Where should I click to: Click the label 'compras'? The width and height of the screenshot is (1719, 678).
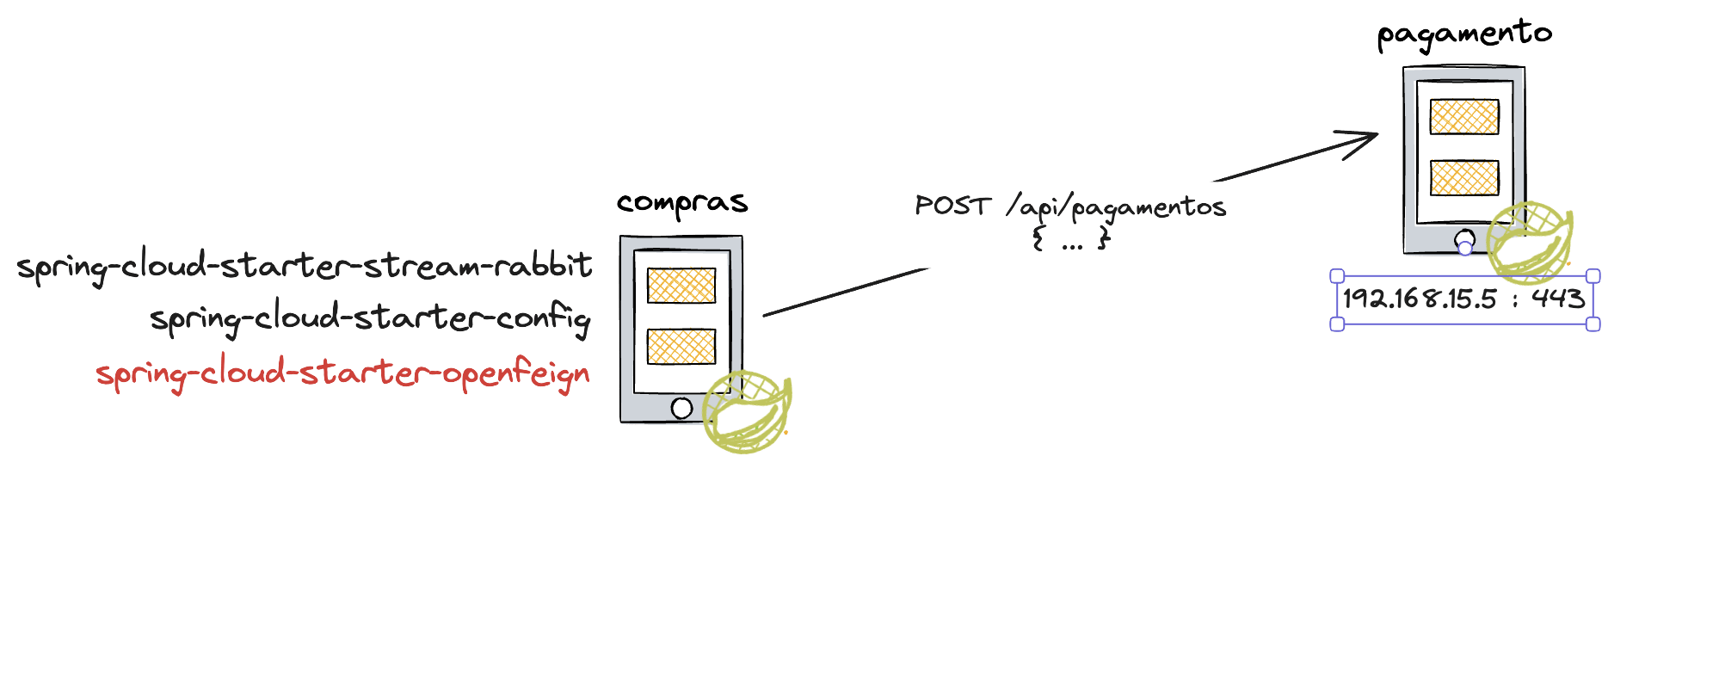(x=682, y=204)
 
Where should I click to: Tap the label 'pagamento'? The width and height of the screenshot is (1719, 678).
(x=1463, y=35)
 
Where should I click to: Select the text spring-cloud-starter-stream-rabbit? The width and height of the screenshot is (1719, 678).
(x=305, y=266)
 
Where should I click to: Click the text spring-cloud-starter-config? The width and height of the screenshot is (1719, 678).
(x=370, y=319)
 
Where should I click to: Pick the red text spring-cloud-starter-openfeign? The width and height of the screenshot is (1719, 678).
(x=342, y=374)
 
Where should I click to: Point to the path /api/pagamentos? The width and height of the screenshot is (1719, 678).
(x=1116, y=208)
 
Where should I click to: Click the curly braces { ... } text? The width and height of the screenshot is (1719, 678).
(x=1071, y=239)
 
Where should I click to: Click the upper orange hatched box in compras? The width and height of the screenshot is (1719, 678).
(x=681, y=286)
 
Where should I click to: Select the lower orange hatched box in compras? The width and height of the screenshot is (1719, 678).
(x=681, y=346)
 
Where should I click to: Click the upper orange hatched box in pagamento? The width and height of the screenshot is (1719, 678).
(x=1464, y=117)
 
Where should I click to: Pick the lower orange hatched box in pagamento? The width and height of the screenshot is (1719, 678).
(x=1464, y=177)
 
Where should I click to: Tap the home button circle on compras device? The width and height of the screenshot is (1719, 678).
(x=681, y=408)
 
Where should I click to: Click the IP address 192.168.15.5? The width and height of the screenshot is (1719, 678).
(x=1420, y=299)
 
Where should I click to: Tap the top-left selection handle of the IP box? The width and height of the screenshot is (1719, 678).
(x=1337, y=276)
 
